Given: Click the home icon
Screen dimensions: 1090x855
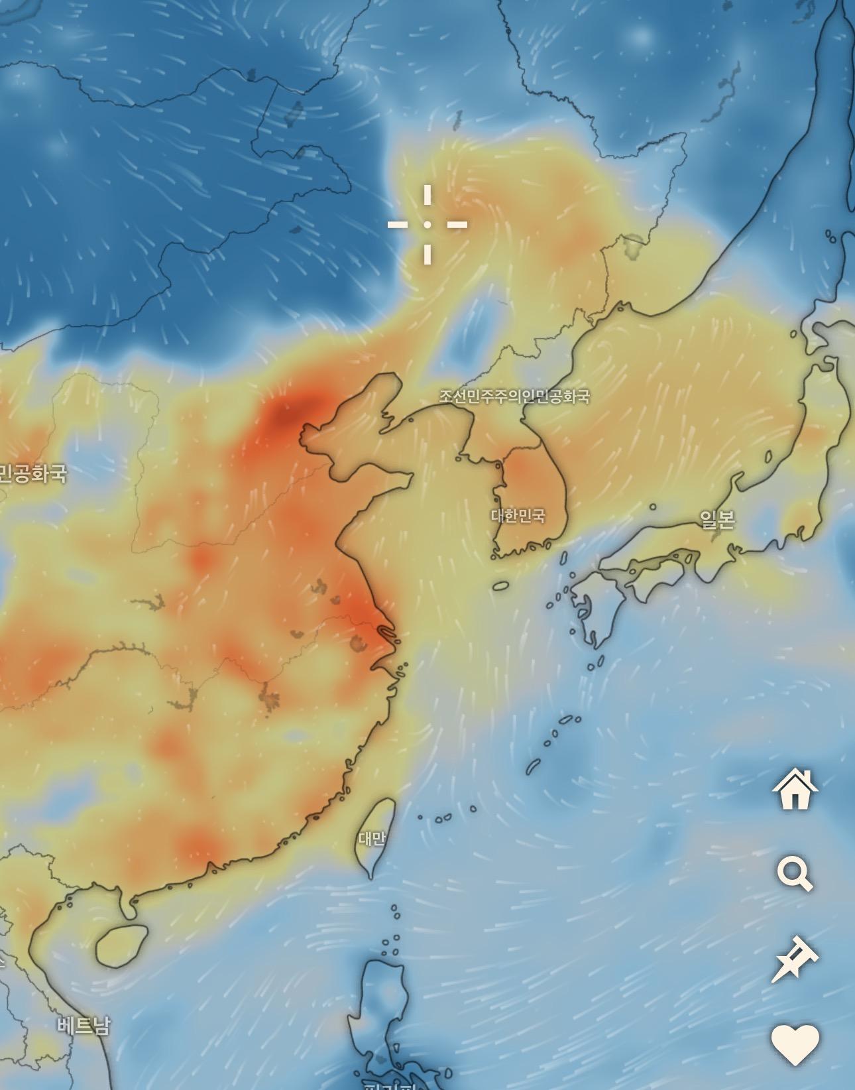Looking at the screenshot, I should pyautogui.click(x=795, y=789).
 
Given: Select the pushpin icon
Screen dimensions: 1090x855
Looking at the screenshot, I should pyautogui.click(x=795, y=959).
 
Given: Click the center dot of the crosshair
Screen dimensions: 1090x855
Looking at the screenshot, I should pyautogui.click(x=427, y=225).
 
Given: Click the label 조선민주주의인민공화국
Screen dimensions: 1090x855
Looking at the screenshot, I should pyautogui.click(x=514, y=396).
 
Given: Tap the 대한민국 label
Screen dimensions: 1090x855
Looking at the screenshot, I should pyautogui.click(x=518, y=515).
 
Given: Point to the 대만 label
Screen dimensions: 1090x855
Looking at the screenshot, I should pyautogui.click(x=371, y=839).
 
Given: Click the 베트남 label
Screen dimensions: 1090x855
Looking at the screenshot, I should pyautogui.click(x=83, y=1025).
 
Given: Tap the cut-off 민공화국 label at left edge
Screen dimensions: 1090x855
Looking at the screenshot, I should pyautogui.click(x=32, y=473).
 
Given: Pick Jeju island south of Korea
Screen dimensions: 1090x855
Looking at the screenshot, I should pyautogui.click(x=500, y=585).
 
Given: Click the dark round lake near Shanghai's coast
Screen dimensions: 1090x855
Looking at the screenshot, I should pyautogui.click(x=360, y=642).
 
